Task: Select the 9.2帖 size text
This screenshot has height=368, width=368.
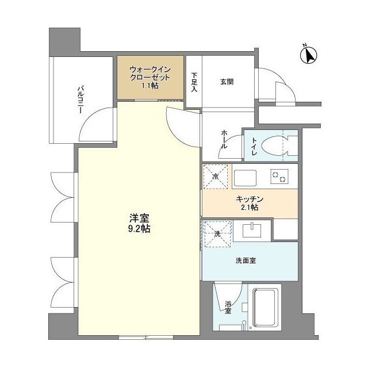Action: click(x=140, y=228)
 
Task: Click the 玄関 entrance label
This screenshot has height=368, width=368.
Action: click(x=227, y=82)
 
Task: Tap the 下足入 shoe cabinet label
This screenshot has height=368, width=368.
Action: click(x=195, y=82)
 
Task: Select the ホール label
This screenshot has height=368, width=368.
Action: click(x=224, y=139)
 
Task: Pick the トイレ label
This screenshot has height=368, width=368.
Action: click(x=254, y=147)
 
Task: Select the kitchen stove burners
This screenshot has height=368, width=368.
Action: click(x=279, y=177)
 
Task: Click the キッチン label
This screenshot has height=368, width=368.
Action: click(x=250, y=202)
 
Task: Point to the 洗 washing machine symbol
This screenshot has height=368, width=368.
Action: click(x=217, y=234)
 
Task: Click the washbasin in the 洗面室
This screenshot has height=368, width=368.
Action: click(x=252, y=231)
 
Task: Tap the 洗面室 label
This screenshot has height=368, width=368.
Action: click(x=246, y=260)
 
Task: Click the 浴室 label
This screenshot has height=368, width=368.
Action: click(x=228, y=307)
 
